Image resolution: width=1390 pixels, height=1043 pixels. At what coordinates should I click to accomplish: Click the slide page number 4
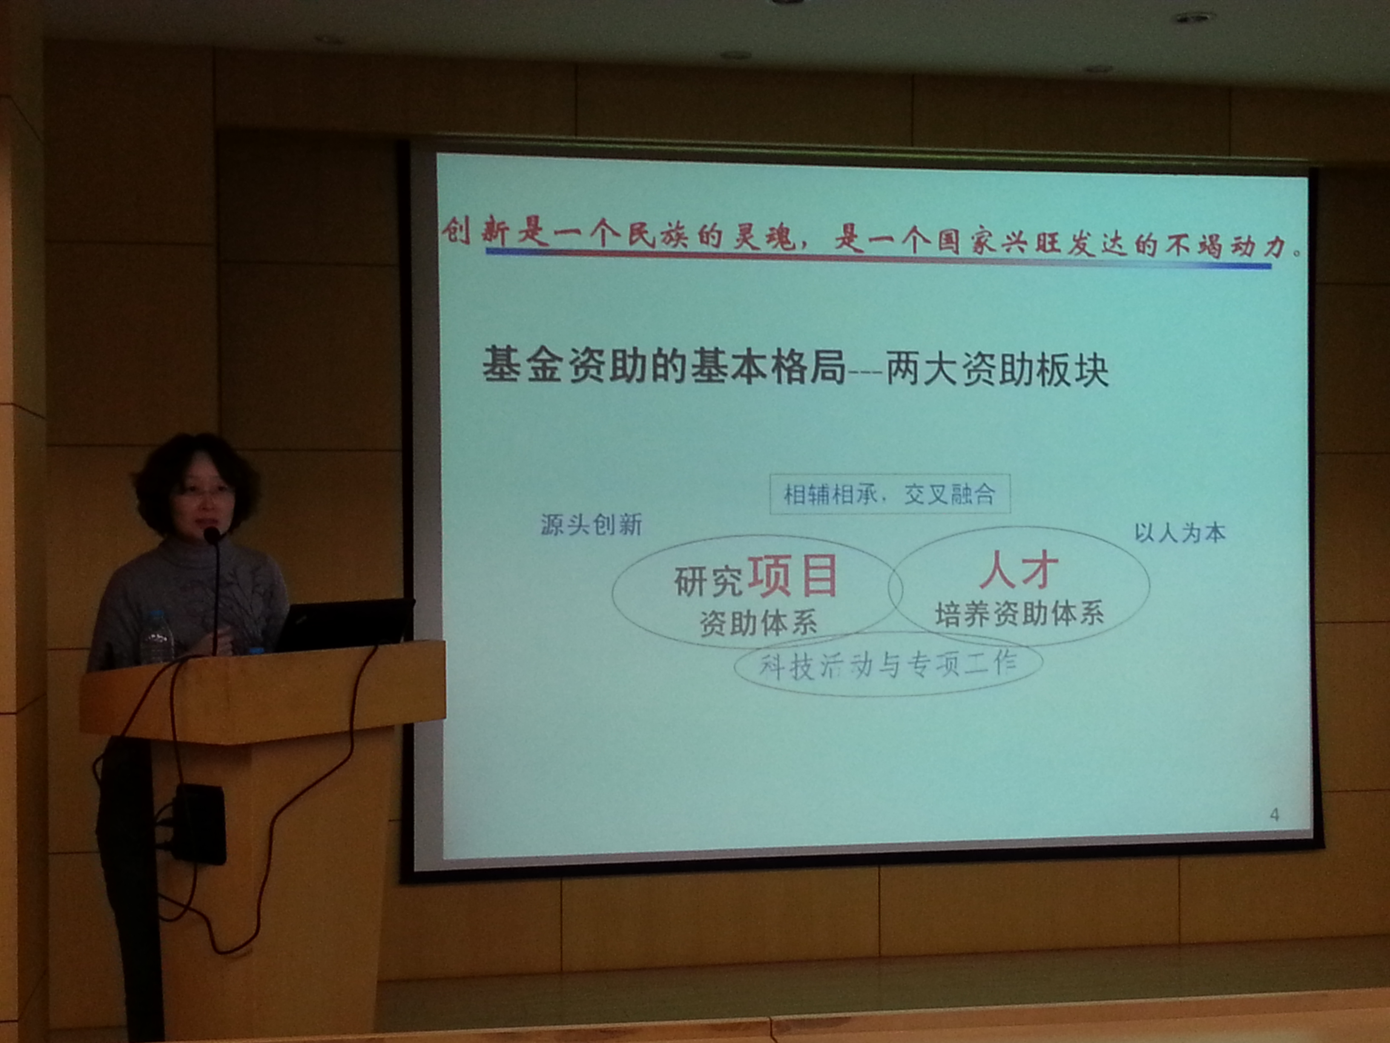coord(1274,815)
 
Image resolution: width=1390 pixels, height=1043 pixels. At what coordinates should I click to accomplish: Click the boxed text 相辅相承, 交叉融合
coord(889,494)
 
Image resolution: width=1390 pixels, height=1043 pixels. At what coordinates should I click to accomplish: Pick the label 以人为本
coord(1180,533)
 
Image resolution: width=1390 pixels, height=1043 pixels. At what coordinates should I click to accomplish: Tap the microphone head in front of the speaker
coord(212,535)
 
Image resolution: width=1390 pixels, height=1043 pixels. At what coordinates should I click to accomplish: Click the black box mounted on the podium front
coord(200,824)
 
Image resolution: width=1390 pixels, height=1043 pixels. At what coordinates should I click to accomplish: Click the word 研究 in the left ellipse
coord(709,581)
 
